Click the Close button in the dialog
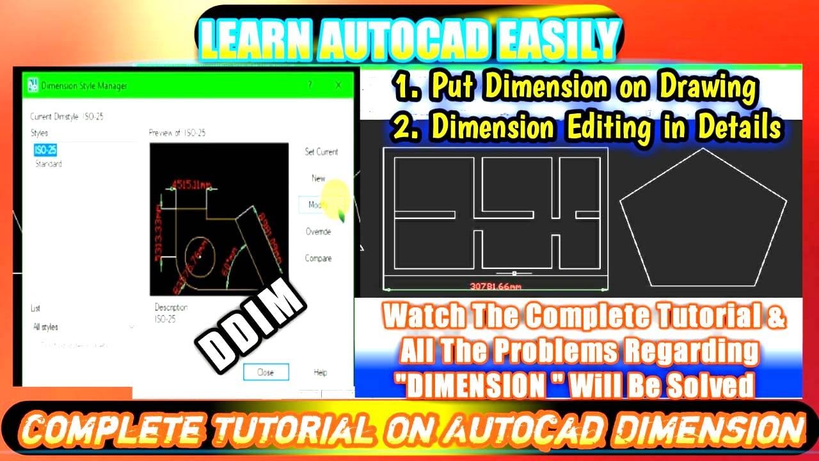coord(266,372)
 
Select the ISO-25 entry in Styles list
coord(45,150)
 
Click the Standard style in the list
coord(48,165)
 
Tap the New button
coord(319,179)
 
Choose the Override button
coord(318,232)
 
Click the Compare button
coord(318,259)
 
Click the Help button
coord(321,372)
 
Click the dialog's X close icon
coord(338,85)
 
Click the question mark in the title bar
coord(310,85)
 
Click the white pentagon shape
coord(703,218)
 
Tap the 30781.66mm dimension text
coord(495,286)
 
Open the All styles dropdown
coord(83,327)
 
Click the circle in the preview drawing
coord(199,255)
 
